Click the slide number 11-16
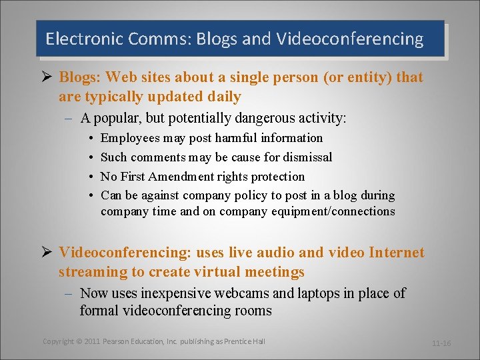point(441,343)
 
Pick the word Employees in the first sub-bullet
point(130,138)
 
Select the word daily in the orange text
point(225,97)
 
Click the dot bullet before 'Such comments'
point(90,157)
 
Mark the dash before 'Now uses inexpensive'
point(69,293)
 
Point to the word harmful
point(235,138)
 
